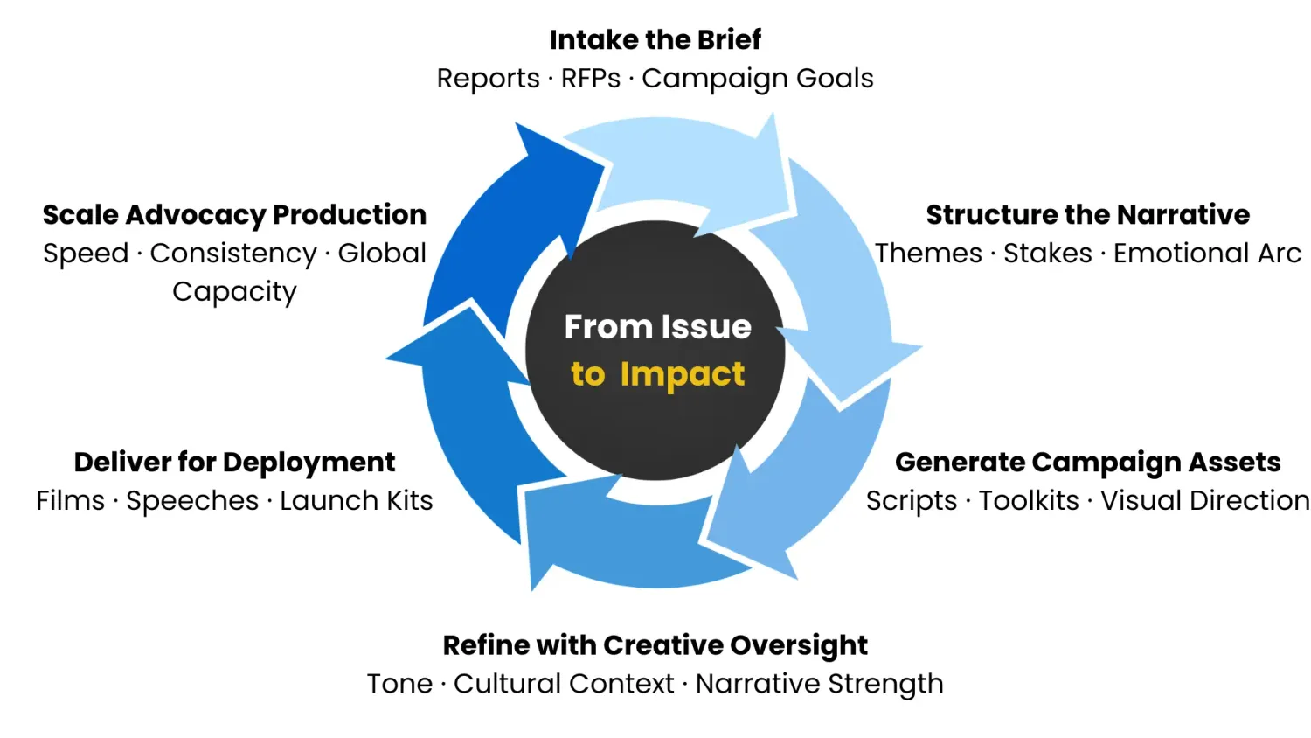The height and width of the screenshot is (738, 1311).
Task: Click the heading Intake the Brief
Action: [655, 39]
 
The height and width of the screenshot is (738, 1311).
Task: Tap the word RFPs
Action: [590, 78]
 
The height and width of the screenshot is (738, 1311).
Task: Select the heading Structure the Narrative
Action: [1087, 214]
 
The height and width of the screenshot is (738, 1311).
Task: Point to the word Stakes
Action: [1047, 253]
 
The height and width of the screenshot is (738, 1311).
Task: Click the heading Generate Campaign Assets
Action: [1087, 462]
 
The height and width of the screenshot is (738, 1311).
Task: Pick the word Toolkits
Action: [1029, 500]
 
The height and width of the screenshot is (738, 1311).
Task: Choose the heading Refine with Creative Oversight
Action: [655, 644]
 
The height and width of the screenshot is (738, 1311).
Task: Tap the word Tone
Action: [399, 683]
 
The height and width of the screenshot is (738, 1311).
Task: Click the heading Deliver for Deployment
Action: [234, 462]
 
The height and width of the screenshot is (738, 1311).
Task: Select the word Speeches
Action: [192, 500]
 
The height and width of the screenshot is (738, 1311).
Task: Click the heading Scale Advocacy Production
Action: [234, 214]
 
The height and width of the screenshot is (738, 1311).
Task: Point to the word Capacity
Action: [234, 291]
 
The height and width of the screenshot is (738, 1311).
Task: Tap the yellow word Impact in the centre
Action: [682, 373]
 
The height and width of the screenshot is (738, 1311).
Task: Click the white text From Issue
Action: [657, 326]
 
